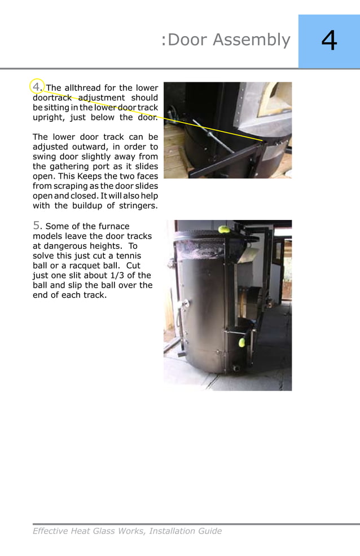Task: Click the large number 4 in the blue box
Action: click(x=329, y=41)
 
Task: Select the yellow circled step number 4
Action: click(x=37, y=87)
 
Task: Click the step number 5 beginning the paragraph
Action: click(x=37, y=226)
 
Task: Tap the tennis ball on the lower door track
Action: click(x=242, y=342)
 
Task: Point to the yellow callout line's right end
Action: click(x=262, y=140)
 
